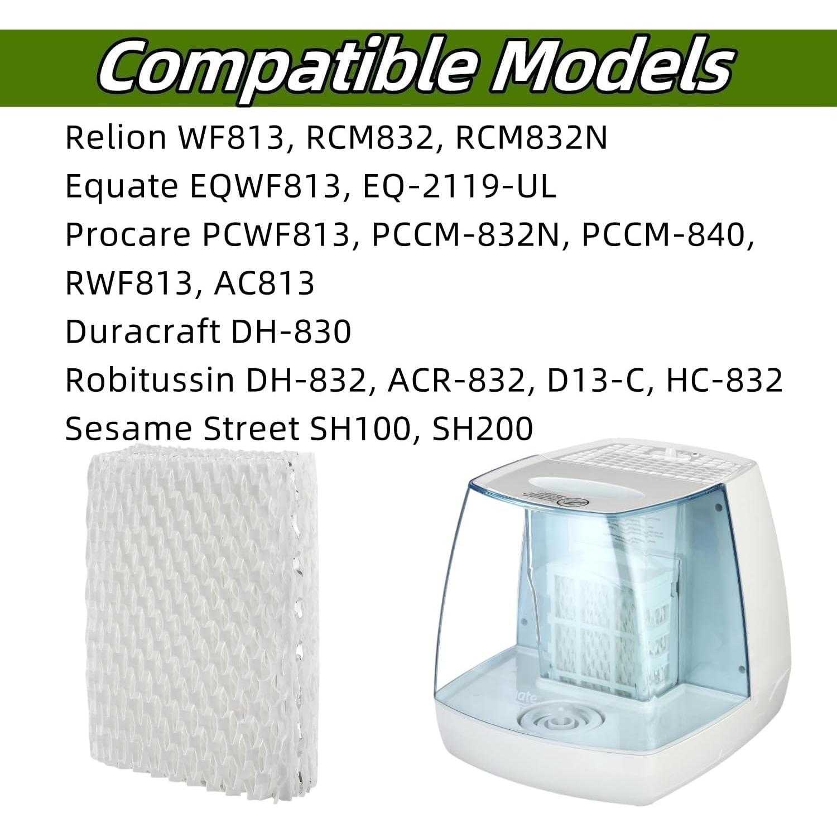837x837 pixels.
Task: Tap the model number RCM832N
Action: (531, 137)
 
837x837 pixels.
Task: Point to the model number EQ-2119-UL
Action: (459, 186)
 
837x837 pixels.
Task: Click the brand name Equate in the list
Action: (122, 186)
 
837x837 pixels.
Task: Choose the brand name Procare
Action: (128, 235)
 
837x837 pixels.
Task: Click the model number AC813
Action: (264, 283)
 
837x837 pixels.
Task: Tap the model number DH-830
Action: (291, 331)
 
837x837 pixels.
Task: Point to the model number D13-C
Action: (591, 380)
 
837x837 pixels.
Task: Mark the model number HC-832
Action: (724, 380)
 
